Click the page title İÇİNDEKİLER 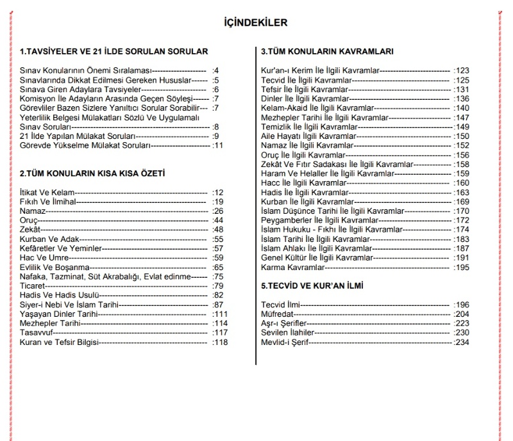(x=256, y=23)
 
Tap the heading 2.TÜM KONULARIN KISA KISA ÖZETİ (x=93, y=173)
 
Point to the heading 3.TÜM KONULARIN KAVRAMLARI (x=327, y=51)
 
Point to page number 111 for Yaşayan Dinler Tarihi (x=221, y=314)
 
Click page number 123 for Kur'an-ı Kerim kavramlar (x=462, y=70)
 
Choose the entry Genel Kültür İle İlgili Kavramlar (x=317, y=257)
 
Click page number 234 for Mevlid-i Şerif (x=462, y=342)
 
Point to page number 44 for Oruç (x=219, y=220)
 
